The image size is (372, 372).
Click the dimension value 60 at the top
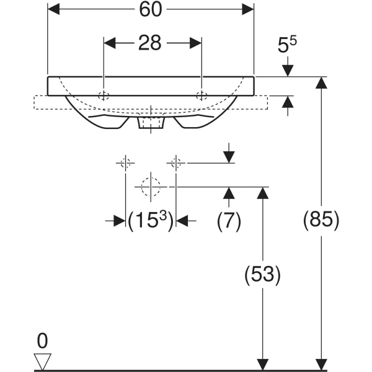point(150,9)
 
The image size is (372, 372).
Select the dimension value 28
point(150,43)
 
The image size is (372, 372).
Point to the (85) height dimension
point(321,220)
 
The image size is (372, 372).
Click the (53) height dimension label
point(263,274)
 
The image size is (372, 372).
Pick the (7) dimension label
point(229,220)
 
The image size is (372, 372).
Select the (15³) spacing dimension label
point(150,220)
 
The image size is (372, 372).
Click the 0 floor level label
point(42,340)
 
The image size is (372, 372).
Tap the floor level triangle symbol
point(42,360)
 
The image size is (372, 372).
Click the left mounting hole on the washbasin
point(104,95)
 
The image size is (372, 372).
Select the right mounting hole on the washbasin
point(201,95)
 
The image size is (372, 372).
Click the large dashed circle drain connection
point(150,186)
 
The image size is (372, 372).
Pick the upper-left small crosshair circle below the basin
point(125,163)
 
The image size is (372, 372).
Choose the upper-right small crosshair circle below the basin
point(175,163)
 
